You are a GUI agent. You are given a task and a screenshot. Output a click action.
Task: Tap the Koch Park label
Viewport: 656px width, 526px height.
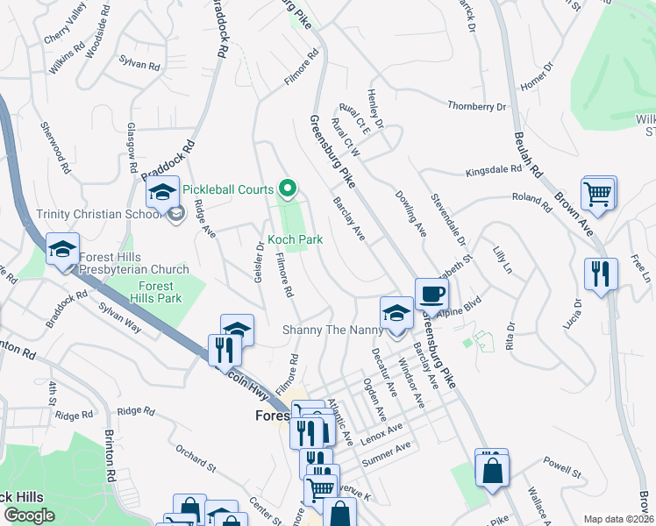(x=296, y=239)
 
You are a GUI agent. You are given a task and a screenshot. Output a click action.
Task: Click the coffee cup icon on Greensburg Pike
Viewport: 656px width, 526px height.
(x=431, y=295)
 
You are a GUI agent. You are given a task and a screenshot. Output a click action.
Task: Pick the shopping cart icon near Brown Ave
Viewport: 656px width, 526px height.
(x=598, y=195)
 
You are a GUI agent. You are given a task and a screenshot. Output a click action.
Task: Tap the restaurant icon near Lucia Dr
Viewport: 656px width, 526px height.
(x=601, y=274)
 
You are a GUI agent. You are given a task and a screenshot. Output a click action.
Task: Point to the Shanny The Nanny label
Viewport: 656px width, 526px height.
(x=332, y=330)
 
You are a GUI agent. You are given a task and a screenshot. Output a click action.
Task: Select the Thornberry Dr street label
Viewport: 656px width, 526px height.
(x=477, y=106)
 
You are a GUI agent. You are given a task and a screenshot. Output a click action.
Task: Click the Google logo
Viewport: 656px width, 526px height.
(x=30, y=515)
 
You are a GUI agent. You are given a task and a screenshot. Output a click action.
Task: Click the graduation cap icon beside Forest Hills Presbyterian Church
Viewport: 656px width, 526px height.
(x=62, y=250)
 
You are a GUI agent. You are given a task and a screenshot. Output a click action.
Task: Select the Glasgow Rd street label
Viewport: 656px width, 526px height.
(x=132, y=146)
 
